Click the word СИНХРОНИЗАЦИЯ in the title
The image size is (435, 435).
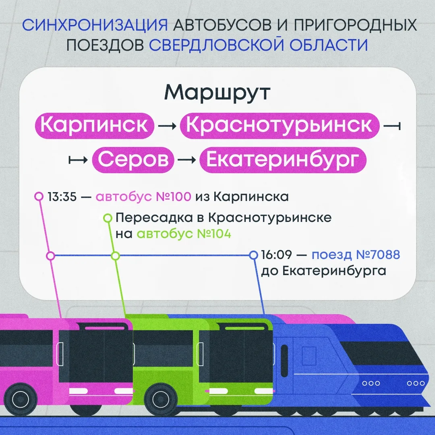tap(95, 25)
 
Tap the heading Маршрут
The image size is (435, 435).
tap(217, 93)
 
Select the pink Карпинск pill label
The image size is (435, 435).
tap(94, 126)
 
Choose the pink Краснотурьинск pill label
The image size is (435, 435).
tap(280, 126)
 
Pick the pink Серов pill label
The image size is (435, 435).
tap(133, 160)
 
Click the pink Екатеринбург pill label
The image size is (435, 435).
tap(283, 160)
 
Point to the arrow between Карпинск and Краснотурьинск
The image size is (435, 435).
tap(167, 126)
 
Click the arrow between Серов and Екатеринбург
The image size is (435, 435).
tap(187, 160)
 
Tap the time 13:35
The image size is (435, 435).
tap(62, 197)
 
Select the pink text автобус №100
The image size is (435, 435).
tap(143, 197)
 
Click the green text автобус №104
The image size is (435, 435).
tap(184, 234)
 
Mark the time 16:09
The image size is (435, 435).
tap(277, 255)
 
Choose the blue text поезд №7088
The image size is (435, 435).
tap(356, 255)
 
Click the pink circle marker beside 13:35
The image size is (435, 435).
tap(39, 197)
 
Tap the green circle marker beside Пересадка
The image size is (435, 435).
tap(108, 218)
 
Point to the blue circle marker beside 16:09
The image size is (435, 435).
tap(254, 255)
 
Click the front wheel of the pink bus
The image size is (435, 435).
tap(20, 400)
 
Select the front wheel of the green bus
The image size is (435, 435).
tap(161, 400)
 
